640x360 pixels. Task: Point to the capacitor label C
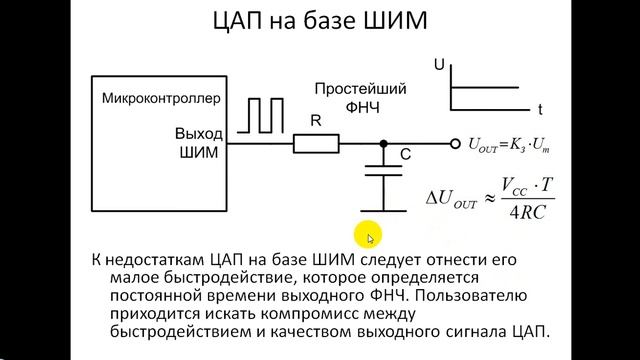406,155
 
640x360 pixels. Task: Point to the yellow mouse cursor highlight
371,238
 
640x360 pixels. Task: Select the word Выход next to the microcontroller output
199,134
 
